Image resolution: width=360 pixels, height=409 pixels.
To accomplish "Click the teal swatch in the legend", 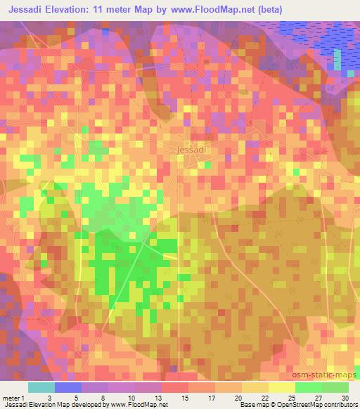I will click(x=41, y=387).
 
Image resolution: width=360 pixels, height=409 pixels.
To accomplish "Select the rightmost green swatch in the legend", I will click(x=335, y=387).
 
